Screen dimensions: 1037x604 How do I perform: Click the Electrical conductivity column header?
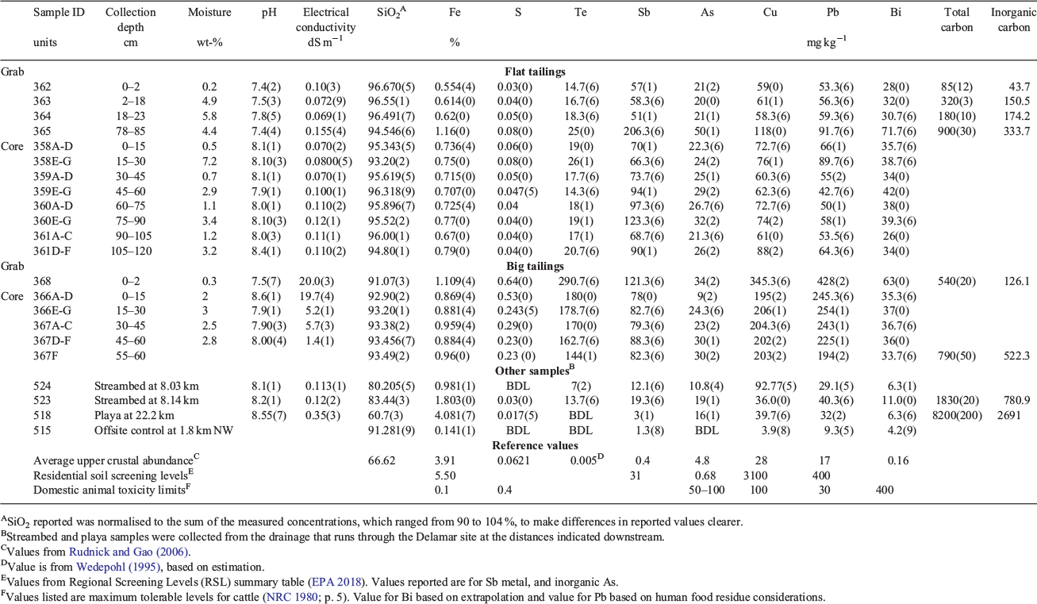(x=325, y=20)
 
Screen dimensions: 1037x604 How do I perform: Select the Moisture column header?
(x=209, y=12)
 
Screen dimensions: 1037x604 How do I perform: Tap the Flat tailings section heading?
(x=535, y=71)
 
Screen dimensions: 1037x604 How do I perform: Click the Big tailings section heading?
(x=535, y=266)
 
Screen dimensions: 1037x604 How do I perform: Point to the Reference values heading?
(x=535, y=445)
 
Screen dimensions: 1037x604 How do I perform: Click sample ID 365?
(x=42, y=131)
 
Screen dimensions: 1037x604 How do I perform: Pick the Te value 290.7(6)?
(x=580, y=281)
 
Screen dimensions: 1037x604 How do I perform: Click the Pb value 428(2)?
(x=832, y=281)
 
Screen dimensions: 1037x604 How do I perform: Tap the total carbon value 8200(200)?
(x=956, y=415)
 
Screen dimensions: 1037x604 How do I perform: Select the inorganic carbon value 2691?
(x=1008, y=415)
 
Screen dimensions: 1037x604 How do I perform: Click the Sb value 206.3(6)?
(x=643, y=131)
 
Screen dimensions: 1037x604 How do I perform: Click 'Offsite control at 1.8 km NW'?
(x=163, y=430)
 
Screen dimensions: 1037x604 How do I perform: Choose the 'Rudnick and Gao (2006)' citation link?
(x=129, y=552)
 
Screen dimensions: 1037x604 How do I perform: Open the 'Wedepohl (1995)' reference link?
(x=118, y=567)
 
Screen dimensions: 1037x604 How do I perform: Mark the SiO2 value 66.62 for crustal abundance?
(x=382, y=460)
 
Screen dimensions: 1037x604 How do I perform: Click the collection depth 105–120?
(x=131, y=251)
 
